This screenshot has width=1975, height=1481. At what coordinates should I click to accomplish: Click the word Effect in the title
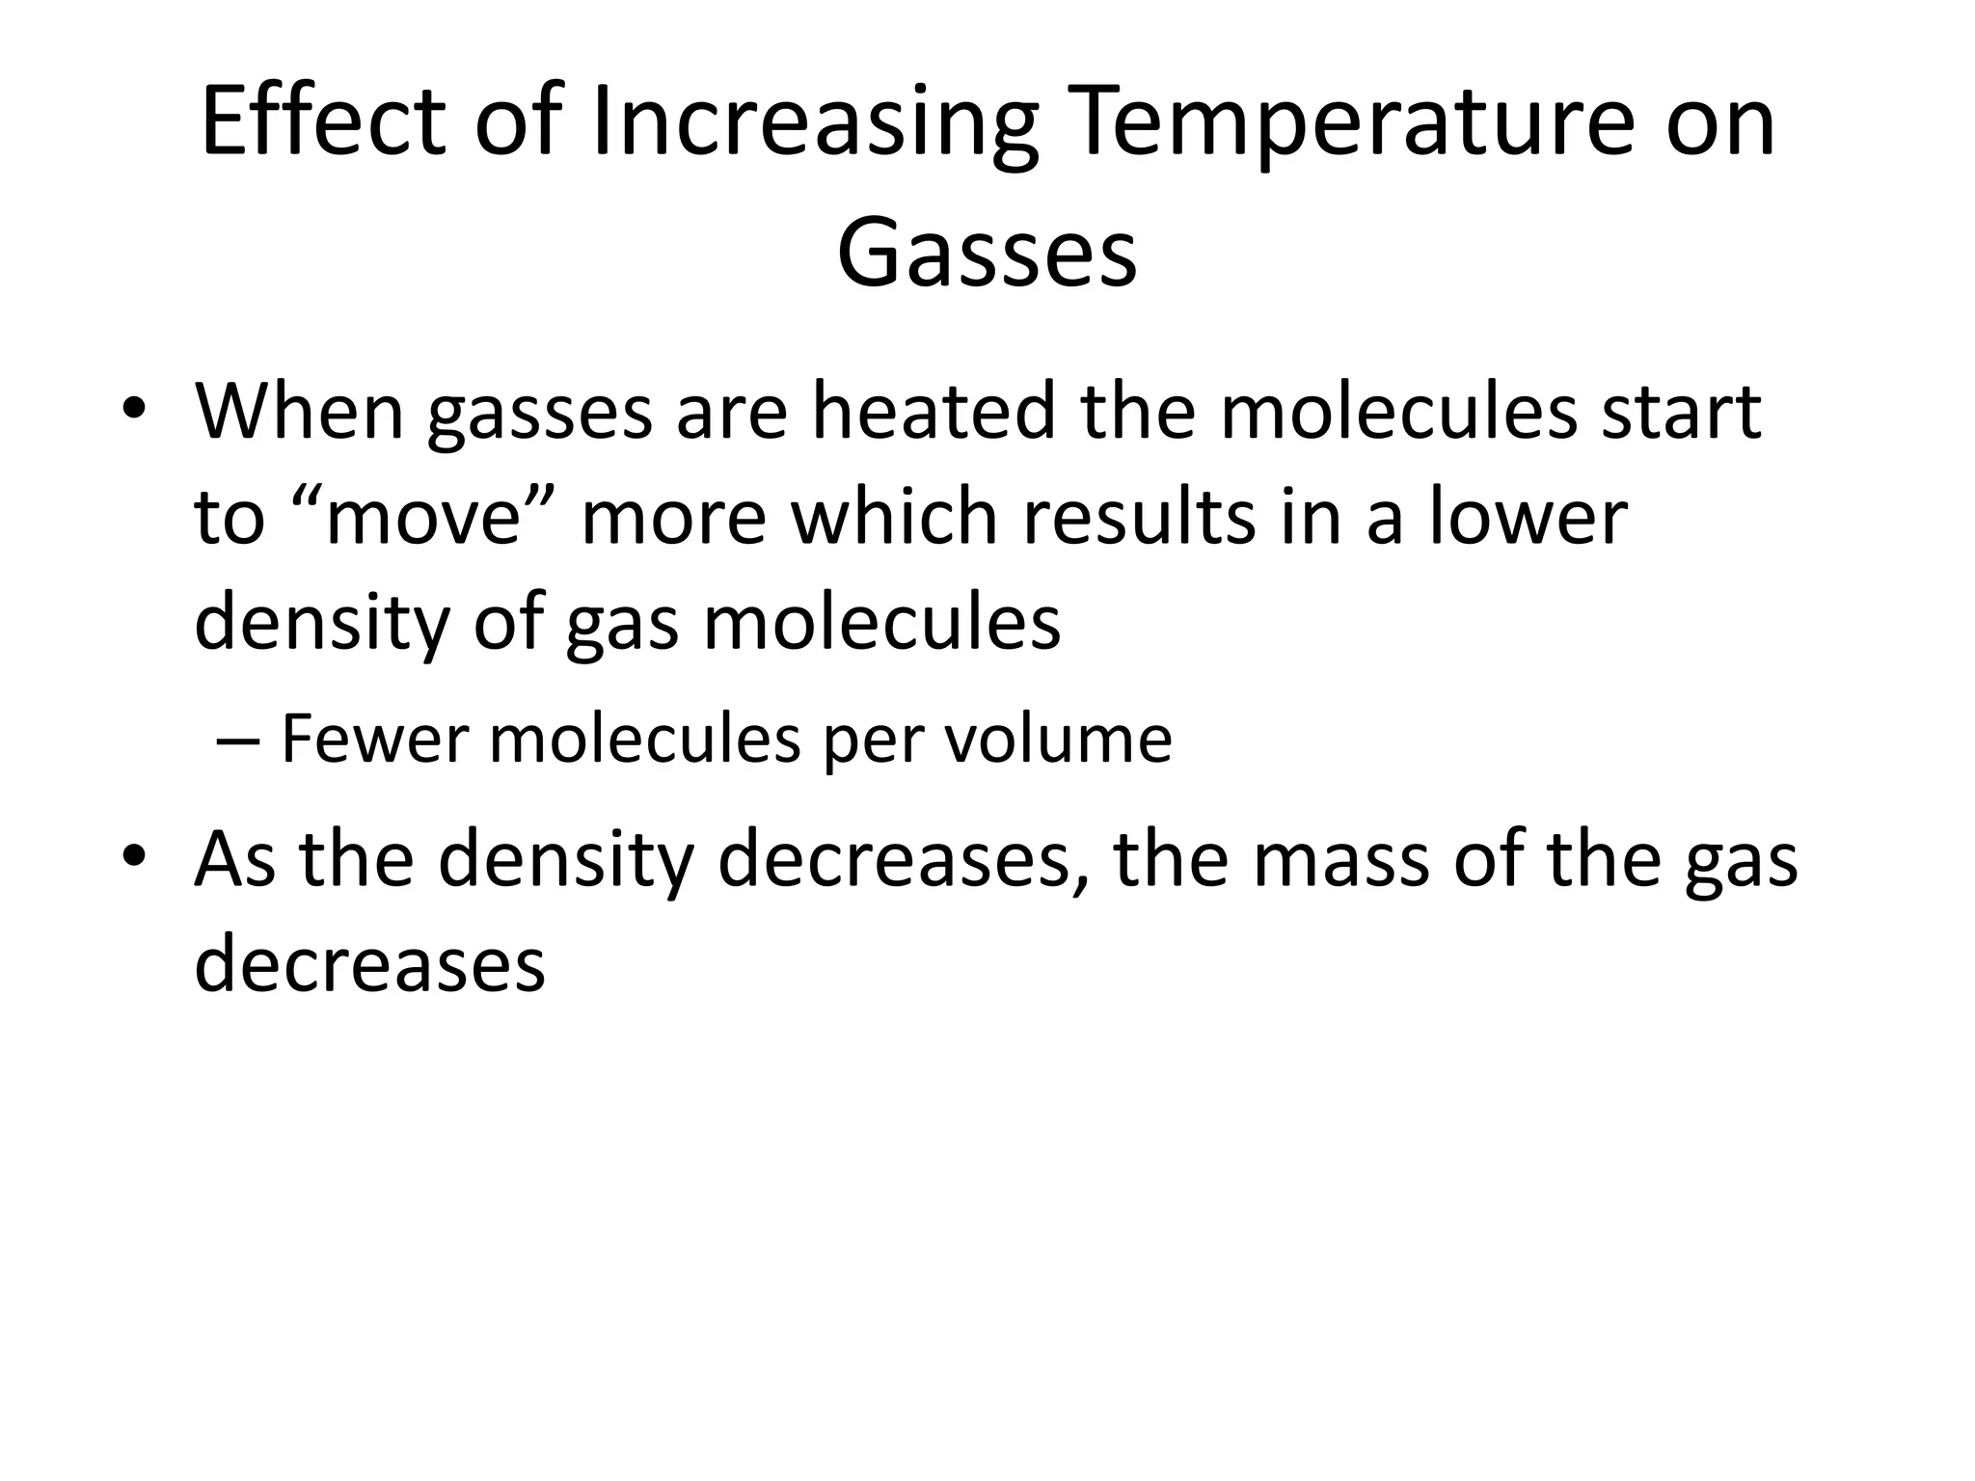click(x=324, y=122)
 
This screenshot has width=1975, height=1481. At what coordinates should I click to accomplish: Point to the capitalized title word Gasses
click(x=987, y=254)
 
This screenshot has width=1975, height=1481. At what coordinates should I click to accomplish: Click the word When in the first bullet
click(x=300, y=411)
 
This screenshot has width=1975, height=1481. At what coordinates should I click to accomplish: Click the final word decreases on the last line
click(x=369, y=964)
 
